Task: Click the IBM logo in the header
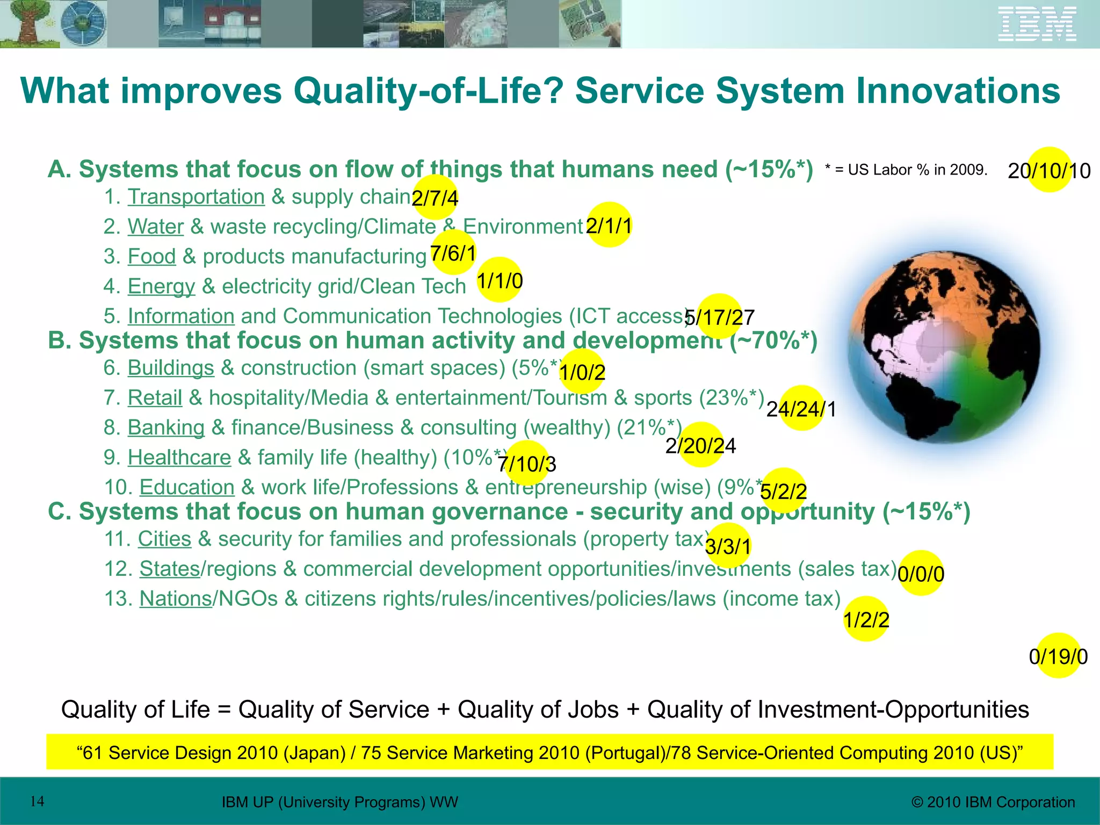[x=1037, y=24]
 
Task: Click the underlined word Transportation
[x=196, y=197]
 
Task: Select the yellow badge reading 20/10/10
[x=1049, y=170]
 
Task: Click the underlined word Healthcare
[x=179, y=457]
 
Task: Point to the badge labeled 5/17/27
[x=719, y=317]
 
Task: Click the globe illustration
[x=943, y=348]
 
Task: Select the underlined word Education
[x=187, y=487]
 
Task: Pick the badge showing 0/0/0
[x=921, y=574]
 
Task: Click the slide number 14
[x=37, y=801]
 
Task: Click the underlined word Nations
[x=176, y=598]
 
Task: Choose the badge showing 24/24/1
[x=801, y=409]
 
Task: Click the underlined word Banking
[x=166, y=428]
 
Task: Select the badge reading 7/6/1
[x=453, y=253]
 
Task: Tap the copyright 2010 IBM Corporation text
[x=993, y=802]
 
